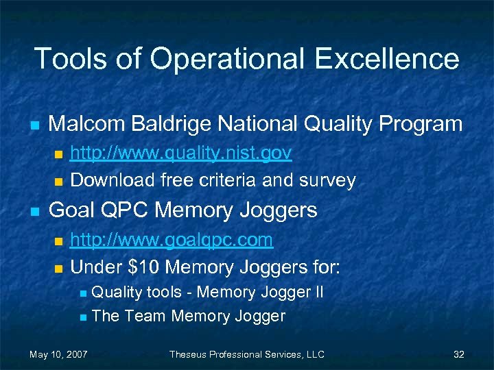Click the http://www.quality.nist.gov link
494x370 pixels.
tap(181, 152)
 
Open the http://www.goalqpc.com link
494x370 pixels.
tap(172, 239)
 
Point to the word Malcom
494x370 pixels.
tap(87, 124)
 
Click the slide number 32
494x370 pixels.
tap(459, 354)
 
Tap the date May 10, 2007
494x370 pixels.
tap(58, 354)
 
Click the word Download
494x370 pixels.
tap(113, 180)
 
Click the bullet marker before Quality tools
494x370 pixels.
tap(83, 293)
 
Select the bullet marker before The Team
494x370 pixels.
tap(83, 317)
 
